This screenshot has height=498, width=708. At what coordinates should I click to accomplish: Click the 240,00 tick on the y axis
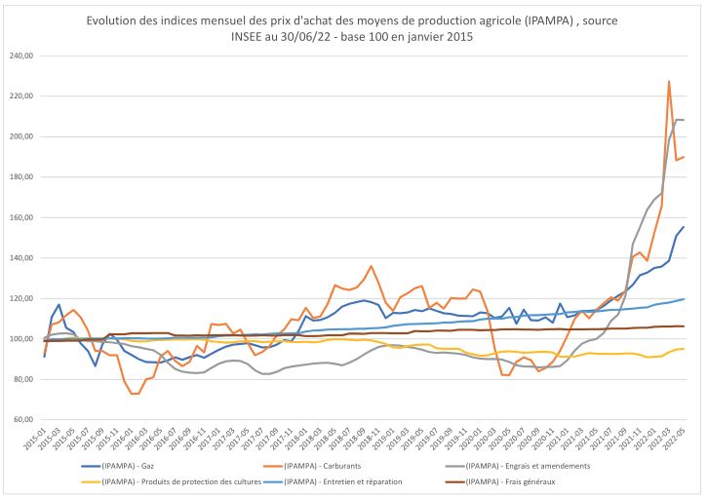pyautogui.click(x=21, y=56)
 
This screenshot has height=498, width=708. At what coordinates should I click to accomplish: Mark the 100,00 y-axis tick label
pyautogui.click(x=21, y=339)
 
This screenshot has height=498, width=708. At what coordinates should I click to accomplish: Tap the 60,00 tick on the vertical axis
pyautogui.click(x=23, y=420)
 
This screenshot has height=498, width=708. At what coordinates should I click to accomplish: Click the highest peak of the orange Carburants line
pyautogui.click(x=669, y=82)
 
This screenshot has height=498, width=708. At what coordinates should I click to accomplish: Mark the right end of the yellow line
pyautogui.click(x=684, y=348)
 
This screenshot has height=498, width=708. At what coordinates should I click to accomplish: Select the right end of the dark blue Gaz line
pyautogui.click(x=684, y=226)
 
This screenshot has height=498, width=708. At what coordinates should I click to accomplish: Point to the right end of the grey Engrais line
pyautogui.click(x=684, y=120)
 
